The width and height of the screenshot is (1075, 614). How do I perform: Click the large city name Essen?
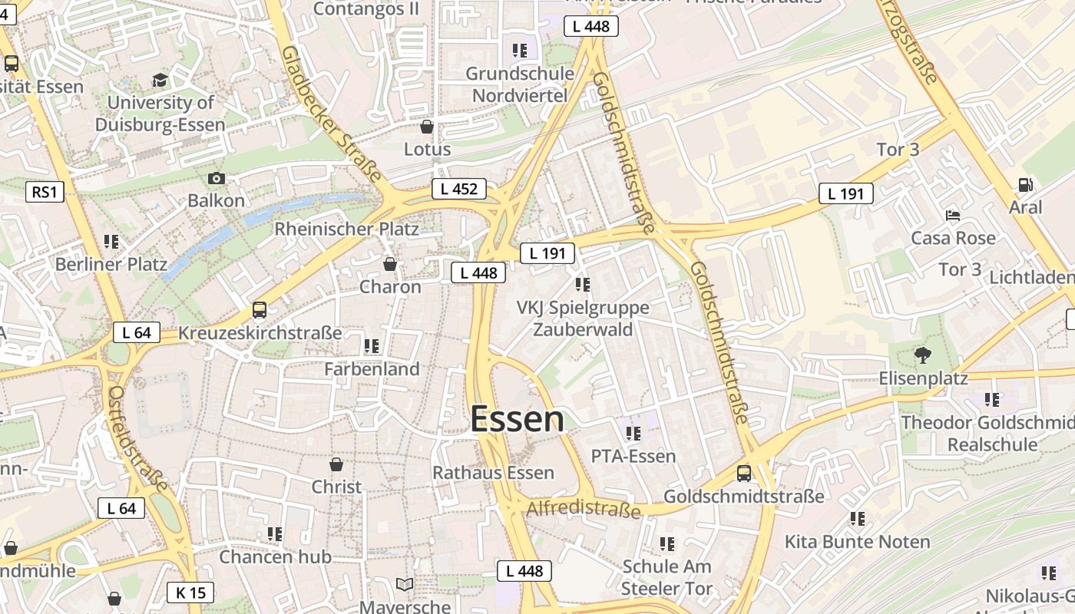pos(517,420)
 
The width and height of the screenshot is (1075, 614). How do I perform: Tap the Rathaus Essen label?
pos(493,473)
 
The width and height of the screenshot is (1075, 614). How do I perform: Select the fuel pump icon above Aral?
pos(1025,185)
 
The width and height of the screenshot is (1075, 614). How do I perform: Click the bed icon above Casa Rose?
pos(953,215)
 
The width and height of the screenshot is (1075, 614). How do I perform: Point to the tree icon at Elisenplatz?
pos(922,355)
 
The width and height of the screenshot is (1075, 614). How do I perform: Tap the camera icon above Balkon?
pos(217,179)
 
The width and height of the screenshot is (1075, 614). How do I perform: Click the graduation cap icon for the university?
pos(160,80)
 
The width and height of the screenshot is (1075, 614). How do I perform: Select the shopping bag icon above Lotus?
pos(427,127)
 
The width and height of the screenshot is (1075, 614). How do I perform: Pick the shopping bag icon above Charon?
pos(390,265)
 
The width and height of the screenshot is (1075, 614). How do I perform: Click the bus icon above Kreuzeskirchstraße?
pos(260,310)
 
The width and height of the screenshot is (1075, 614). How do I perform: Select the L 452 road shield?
pos(459,189)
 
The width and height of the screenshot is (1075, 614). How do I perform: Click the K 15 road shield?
pos(190,593)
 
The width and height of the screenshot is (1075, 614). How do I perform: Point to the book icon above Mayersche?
pos(405,585)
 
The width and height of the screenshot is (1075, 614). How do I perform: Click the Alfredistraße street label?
pos(584,509)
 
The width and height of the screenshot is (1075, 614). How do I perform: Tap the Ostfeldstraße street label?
pos(137,439)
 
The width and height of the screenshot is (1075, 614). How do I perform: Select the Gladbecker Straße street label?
pos(331,114)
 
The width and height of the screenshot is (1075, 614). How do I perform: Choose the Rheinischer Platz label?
pos(346,229)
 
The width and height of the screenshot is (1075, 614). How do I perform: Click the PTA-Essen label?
pos(633,457)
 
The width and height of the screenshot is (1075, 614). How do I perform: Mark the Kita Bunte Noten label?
pos(857,542)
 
